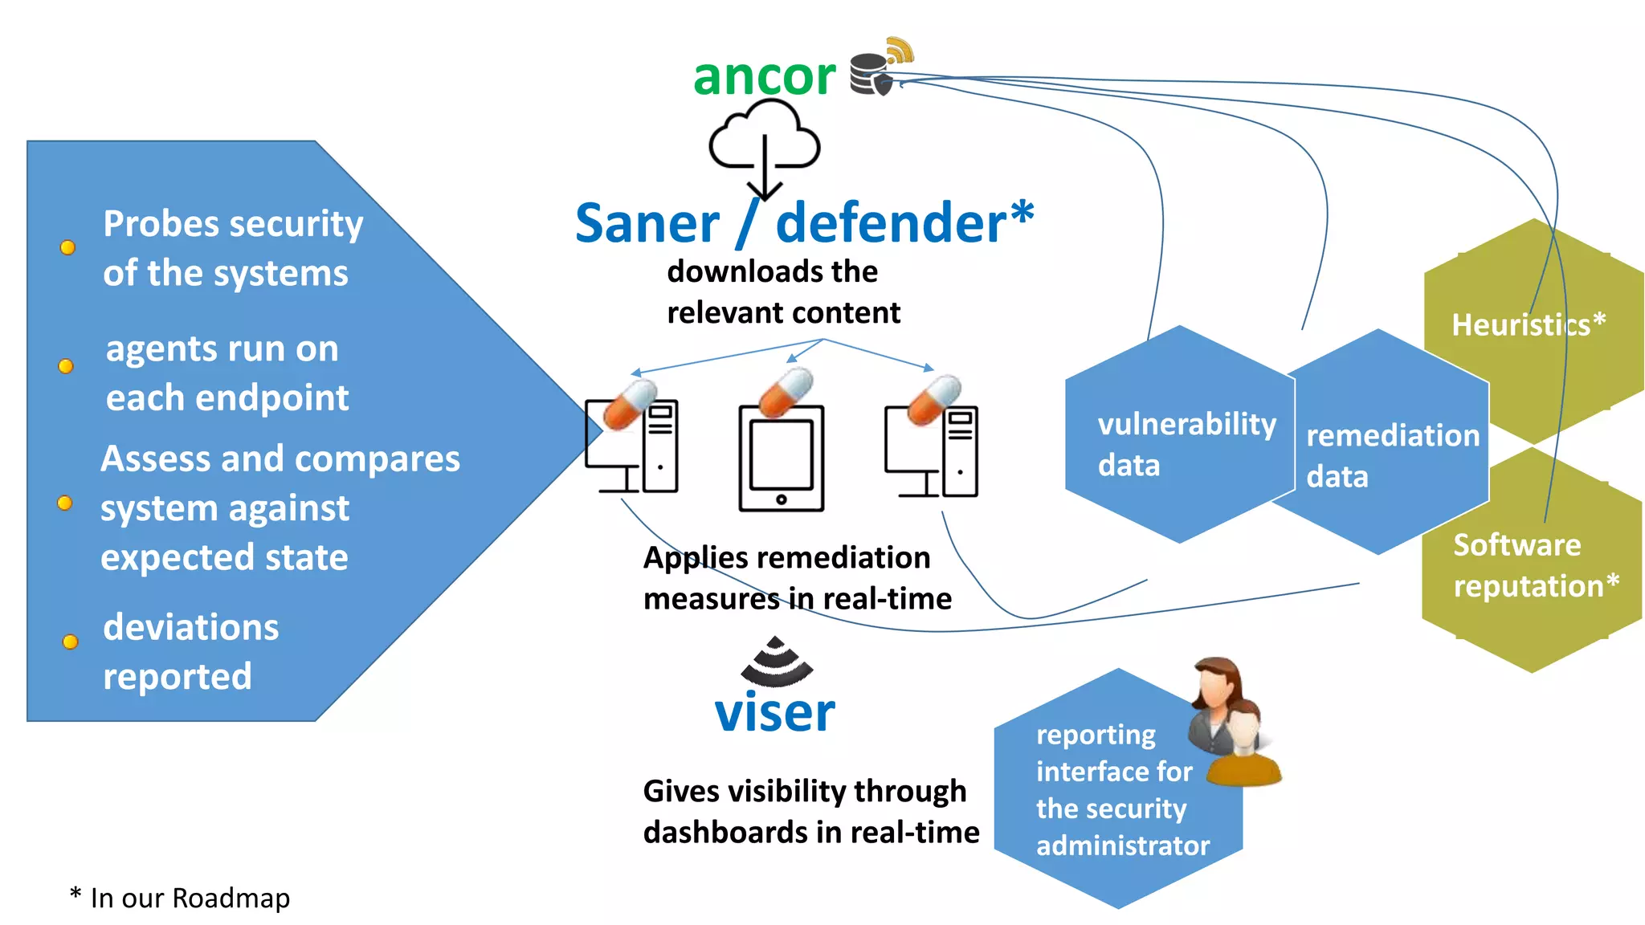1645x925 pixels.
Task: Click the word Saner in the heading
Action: (647, 223)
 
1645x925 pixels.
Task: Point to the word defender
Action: (891, 223)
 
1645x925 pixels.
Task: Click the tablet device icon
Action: (782, 458)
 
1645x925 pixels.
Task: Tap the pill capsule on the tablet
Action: (786, 393)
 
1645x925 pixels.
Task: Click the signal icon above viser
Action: (776, 662)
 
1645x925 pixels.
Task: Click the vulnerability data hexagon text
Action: (1186, 444)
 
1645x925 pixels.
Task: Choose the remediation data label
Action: (1392, 455)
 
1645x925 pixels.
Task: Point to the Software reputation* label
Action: (1535, 565)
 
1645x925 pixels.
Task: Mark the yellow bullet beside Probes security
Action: (68, 247)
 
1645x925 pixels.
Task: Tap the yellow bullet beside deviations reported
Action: (71, 642)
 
